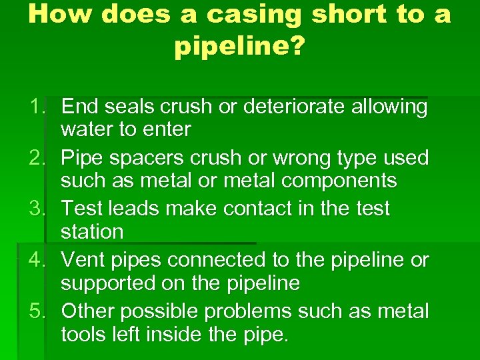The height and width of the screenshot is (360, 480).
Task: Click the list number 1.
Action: [x=37, y=107]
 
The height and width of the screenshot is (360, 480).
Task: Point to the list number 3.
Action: [x=37, y=209]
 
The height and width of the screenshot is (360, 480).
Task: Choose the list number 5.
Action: [x=37, y=311]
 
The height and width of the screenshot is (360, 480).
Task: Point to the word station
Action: [x=92, y=232]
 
